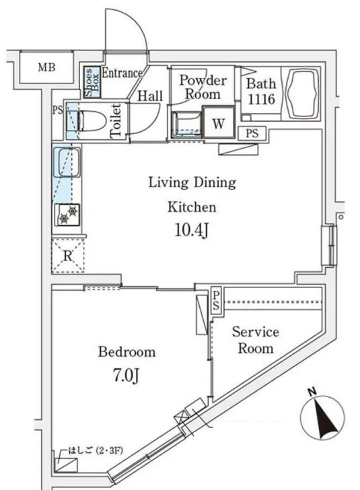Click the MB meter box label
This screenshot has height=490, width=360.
point(46,67)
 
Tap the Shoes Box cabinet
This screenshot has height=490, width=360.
point(92,82)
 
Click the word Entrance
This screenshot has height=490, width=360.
point(122,73)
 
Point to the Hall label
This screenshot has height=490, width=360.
point(150,96)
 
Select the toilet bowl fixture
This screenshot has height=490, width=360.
point(91,120)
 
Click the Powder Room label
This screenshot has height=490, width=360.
point(203,87)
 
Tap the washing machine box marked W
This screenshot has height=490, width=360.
point(219,122)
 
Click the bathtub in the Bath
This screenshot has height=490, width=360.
point(301,94)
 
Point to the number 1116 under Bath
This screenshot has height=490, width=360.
point(261,99)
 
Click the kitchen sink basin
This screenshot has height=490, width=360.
point(67,162)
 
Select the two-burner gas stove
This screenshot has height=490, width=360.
point(67,215)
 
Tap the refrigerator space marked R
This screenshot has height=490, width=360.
point(68,255)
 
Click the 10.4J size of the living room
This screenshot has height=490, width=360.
point(192,231)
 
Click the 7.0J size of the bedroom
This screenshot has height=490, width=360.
point(126,376)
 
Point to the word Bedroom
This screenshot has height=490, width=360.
point(127,352)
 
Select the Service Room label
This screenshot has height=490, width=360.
point(256,340)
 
